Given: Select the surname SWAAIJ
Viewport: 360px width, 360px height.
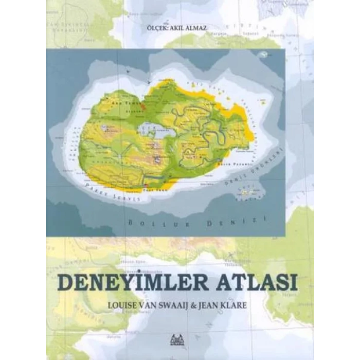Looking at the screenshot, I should point(187,304).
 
